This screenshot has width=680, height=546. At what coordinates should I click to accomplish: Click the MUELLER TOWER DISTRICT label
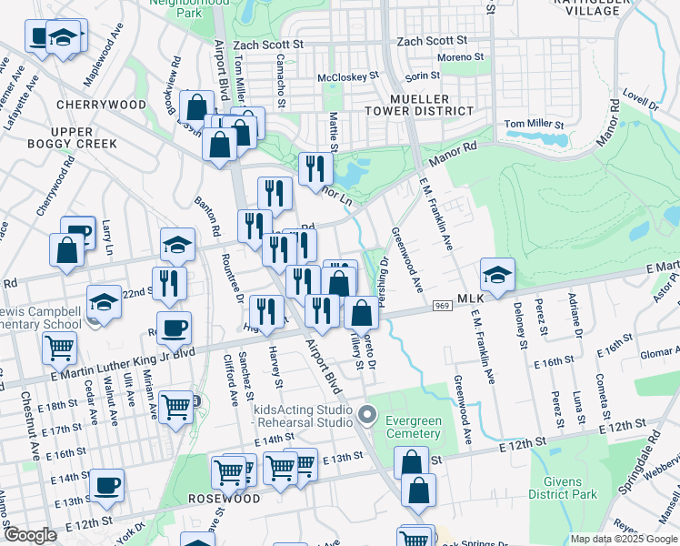(431, 104)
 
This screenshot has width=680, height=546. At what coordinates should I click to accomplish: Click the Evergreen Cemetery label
(414, 427)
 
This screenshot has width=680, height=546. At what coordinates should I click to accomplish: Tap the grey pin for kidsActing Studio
(367, 415)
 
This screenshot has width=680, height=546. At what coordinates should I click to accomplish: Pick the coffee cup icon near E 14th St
(107, 484)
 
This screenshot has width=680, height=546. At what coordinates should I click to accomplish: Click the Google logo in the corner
(29, 535)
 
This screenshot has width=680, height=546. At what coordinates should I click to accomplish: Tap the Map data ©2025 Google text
(623, 539)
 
